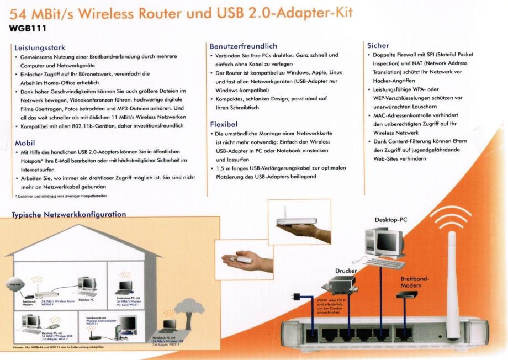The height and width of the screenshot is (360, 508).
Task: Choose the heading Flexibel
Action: [224, 124]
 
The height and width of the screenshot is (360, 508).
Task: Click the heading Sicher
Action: [378, 45]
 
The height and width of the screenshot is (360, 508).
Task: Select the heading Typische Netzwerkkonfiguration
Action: [69, 214]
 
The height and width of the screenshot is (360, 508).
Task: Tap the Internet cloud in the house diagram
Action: [12, 284]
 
